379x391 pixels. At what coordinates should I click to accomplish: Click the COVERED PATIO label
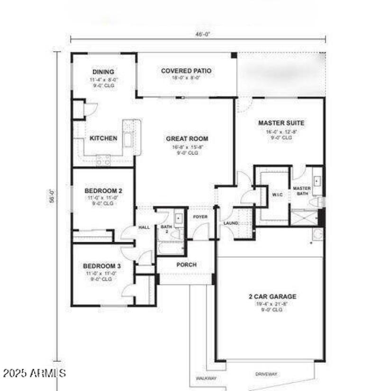point(186,71)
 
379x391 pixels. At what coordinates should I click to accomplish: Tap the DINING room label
point(103,72)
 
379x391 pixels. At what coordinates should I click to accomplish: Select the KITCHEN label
point(103,138)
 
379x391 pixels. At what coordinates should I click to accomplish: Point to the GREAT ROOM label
point(187,139)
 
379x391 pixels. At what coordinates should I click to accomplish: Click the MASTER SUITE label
point(281,123)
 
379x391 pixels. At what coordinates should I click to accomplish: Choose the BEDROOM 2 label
point(103,191)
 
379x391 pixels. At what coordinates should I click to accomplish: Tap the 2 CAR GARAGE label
point(272,297)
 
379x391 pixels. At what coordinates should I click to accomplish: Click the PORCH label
point(186,265)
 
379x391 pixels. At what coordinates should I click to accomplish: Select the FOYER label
point(200,217)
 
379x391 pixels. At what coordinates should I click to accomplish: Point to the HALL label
point(144,227)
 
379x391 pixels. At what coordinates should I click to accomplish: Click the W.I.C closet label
point(277,194)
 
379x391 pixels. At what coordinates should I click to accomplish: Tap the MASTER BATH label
point(302,191)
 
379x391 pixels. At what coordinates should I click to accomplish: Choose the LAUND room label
point(231,223)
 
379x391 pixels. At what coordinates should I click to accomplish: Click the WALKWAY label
point(206,378)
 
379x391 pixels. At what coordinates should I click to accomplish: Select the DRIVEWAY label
point(266,374)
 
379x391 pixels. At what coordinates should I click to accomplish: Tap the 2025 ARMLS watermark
point(34,373)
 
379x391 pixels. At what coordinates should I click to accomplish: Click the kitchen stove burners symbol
point(103,161)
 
